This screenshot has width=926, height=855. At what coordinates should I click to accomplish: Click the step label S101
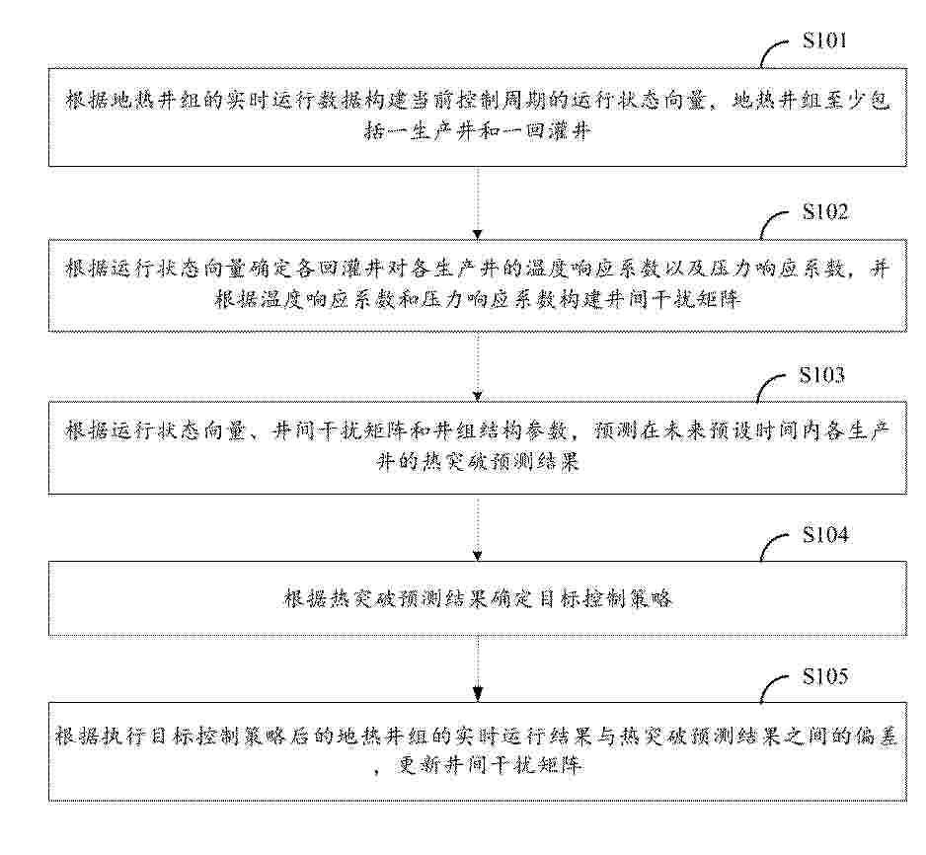[x=824, y=40]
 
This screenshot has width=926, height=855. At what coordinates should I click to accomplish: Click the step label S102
[x=824, y=211]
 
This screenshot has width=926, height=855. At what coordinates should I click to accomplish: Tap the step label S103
[x=822, y=374]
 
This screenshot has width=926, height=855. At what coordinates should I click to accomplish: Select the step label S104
[x=825, y=534]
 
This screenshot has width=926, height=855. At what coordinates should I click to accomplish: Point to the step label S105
[x=825, y=676]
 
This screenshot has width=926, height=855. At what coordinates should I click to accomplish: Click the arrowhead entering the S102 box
[x=478, y=234]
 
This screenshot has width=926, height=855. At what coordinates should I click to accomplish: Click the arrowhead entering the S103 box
[x=478, y=396]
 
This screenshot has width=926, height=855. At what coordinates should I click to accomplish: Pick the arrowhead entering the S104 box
[x=478, y=556]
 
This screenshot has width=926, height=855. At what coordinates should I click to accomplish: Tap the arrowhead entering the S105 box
[x=478, y=693]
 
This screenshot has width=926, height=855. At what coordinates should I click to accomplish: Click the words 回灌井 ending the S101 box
[x=558, y=130]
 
